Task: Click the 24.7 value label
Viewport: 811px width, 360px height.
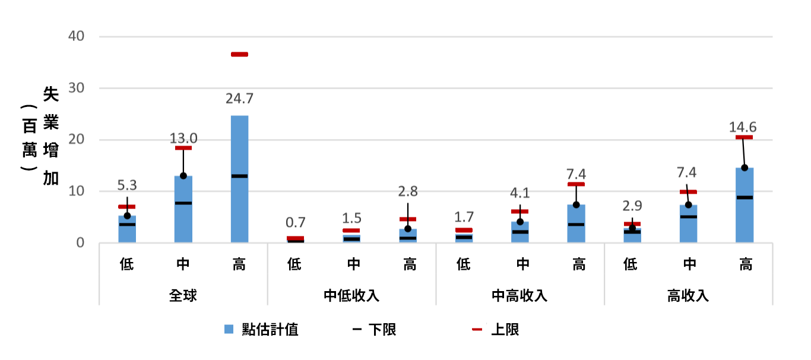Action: [239, 98]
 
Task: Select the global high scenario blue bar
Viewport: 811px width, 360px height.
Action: [239, 178]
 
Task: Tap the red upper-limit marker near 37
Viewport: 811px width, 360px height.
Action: [239, 55]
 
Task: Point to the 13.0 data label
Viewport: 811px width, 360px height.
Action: [183, 138]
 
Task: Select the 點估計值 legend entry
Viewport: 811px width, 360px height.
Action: [262, 330]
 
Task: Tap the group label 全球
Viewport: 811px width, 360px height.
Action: [183, 295]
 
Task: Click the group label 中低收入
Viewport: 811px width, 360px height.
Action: [351, 295]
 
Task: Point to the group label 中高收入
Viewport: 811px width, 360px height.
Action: [520, 295]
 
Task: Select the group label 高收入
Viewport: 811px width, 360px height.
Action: [688, 295]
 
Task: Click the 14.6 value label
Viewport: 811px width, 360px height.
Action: [745, 127]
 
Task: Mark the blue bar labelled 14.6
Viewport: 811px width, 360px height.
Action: [745, 205]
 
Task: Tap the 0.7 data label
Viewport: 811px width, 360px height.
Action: [295, 223]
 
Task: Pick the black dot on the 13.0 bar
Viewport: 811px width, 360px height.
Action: [183, 176]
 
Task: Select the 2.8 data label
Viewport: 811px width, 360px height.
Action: [408, 191]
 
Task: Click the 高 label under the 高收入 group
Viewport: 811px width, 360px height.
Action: [745, 264]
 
